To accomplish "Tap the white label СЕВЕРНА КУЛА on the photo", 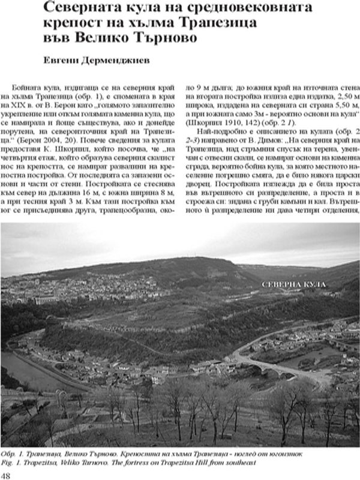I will [x=293, y=282].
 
